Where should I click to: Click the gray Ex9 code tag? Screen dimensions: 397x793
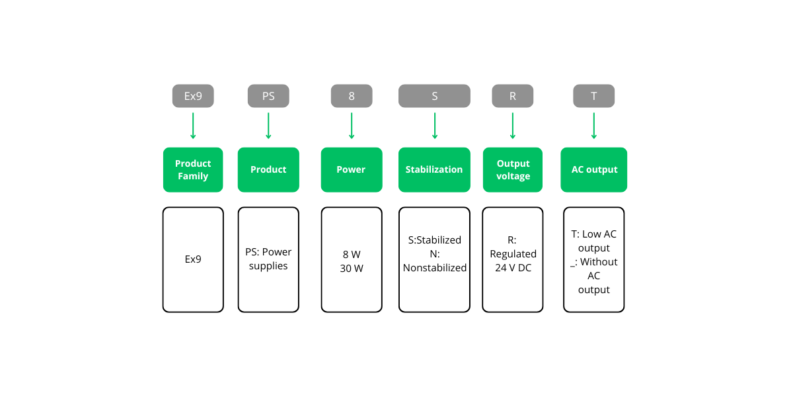pyautogui.click(x=193, y=96)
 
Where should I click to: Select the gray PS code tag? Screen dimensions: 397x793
pyautogui.click(x=268, y=96)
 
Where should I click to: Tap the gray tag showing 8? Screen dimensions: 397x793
pyautogui.click(x=352, y=96)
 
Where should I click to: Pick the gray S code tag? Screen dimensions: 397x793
pyautogui.click(x=434, y=96)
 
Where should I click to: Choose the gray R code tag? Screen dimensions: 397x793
pyautogui.click(x=512, y=96)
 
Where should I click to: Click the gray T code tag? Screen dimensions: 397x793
pyautogui.click(x=593, y=96)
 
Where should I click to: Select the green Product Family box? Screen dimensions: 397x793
pyautogui.click(x=193, y=170)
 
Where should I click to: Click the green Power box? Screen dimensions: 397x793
pyautogui.click(x=352, y=170)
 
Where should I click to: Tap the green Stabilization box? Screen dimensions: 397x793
pyautogui.click(x=434, y=170)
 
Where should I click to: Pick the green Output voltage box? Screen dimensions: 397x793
pyautogui.click(x=513, y=170)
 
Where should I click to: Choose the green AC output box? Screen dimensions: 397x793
pyautogui.click(x=593, y=170)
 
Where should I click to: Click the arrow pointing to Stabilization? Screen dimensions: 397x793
pyautogui.click(x=434, y=126)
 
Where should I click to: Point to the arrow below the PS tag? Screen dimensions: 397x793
pyautogui.click(x=268, y=126)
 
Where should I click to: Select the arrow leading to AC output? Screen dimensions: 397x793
pyautogui.click(x=593, y=126)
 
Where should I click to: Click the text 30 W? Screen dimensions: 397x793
pyautogui.click(x=352, y=269)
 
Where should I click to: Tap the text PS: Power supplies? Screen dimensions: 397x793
pyautogui.click(x=268, y=259)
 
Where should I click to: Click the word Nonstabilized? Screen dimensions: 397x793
pyautogui.click(x=435, y=268)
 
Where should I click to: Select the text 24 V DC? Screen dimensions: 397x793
pyautogui.click(x=513, y=269)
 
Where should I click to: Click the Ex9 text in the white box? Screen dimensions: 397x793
pyautogui.click(x=193, y=259)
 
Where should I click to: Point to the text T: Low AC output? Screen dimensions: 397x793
pyautogui.click(x=593, y=241)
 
